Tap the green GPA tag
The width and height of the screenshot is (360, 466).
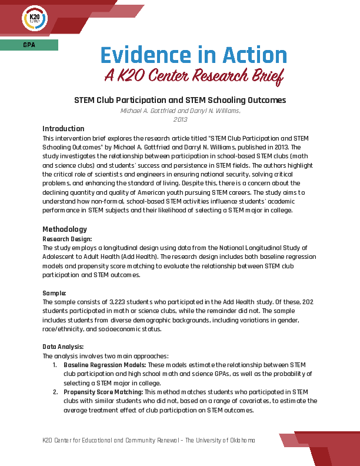29,45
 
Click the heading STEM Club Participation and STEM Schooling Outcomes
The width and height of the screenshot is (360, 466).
180,100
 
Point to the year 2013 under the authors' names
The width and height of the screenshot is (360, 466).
180,119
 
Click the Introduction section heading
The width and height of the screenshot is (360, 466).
64,129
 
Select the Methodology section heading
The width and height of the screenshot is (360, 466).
64,229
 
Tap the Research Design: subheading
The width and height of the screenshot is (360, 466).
68,239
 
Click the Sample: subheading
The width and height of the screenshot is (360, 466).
55,292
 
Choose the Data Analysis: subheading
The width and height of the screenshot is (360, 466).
64,347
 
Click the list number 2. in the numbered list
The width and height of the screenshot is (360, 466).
56,392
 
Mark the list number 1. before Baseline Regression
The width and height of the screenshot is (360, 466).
56,365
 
